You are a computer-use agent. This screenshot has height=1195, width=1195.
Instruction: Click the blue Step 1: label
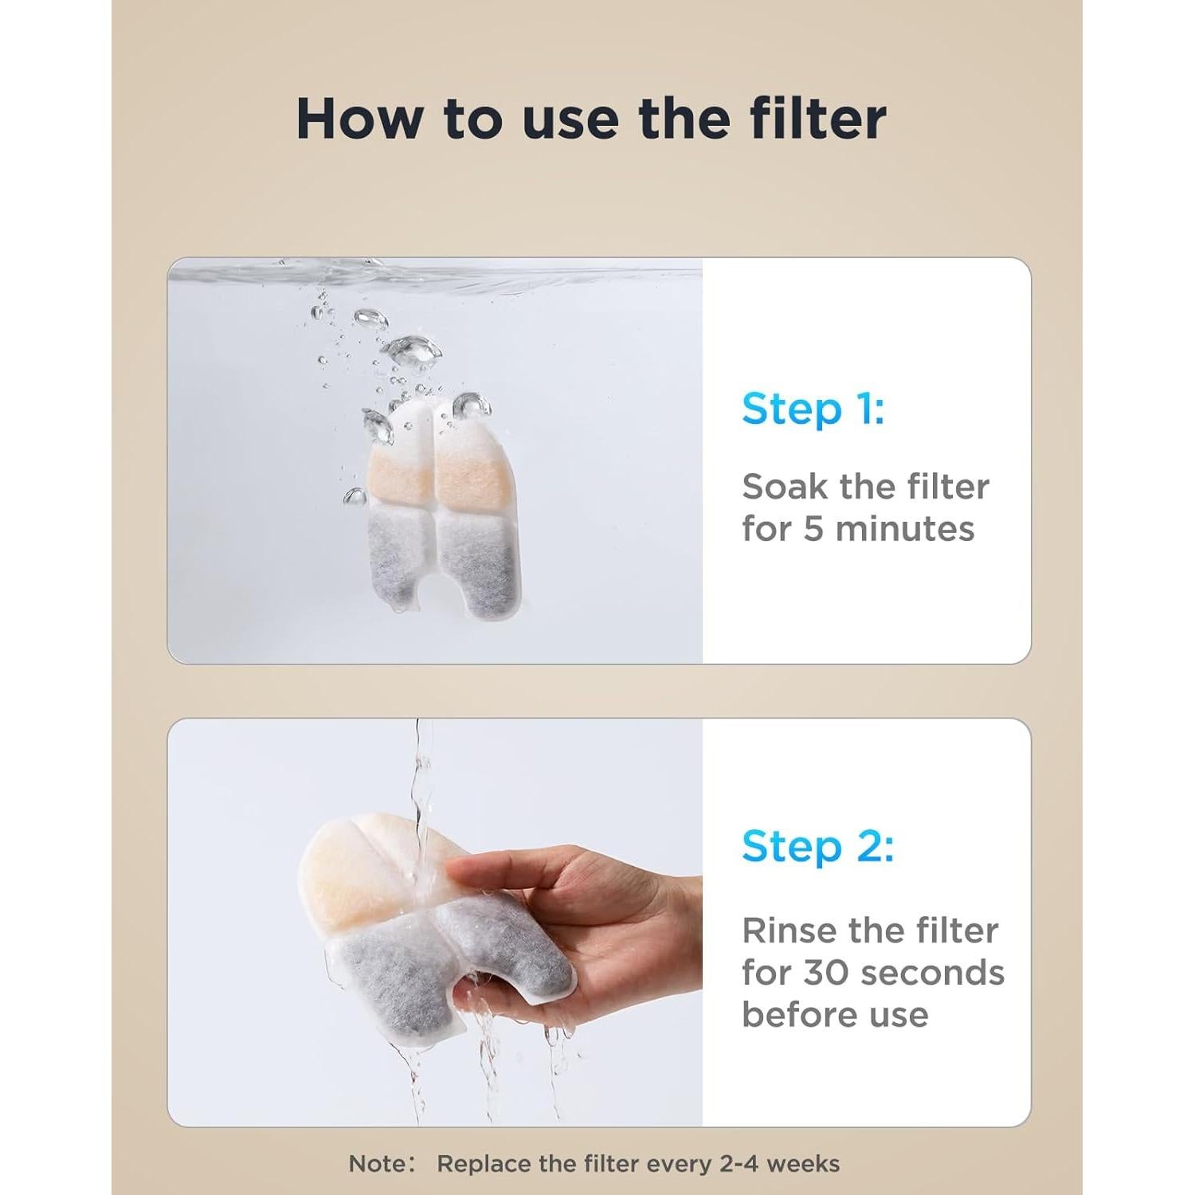pos(813,409)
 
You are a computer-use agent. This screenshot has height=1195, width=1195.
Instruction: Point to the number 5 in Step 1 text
pos(812,529)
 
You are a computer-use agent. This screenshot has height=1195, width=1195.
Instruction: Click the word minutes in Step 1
pos(905,529)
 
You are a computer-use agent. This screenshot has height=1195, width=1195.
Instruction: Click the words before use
pos(835,1015)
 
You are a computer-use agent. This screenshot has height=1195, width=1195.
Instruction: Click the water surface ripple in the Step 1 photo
pos(446,275)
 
